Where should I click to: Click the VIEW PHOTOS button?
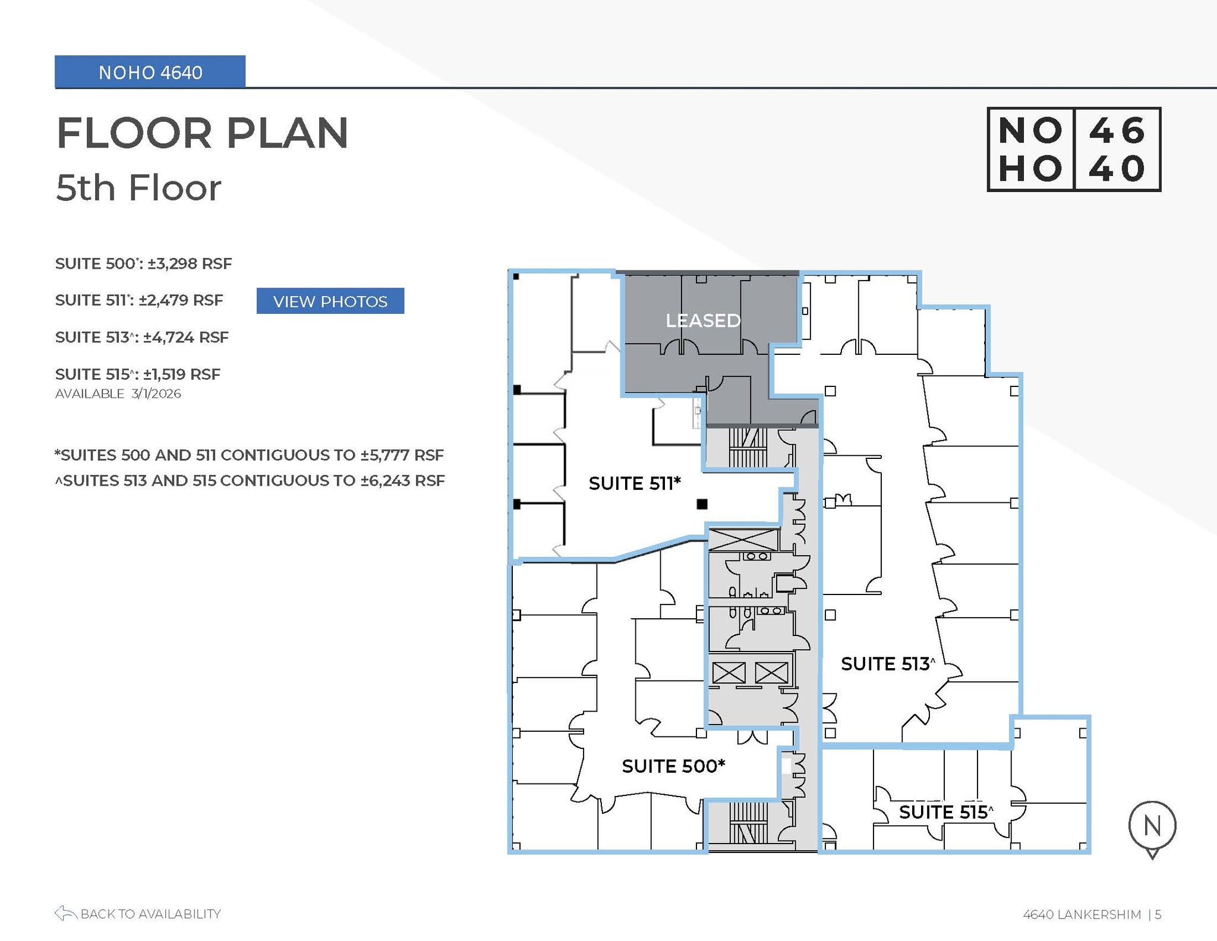coord(330,301)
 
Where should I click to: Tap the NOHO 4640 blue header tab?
coord(150,73)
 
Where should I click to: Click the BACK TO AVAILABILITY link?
coord(138,914)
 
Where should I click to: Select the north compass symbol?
coord(1152,827)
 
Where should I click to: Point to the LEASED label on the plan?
coord(702,321)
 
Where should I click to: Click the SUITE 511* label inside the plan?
coord(634,483)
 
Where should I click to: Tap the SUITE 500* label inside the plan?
coord(673,766)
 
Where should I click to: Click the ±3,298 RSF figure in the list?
coord(190,263)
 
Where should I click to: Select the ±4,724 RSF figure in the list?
coord(186,338)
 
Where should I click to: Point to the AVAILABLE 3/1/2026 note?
coord(118,394)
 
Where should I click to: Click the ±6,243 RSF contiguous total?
coord(403,480)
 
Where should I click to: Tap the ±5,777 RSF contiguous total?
coord(402,455)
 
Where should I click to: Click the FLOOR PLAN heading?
coord(202,133)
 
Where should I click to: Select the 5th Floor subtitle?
coord(138,188)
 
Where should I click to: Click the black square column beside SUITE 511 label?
coord(702,504)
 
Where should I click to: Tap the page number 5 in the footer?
coord(1158,914)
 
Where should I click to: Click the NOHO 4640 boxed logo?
coord(1073,149)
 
